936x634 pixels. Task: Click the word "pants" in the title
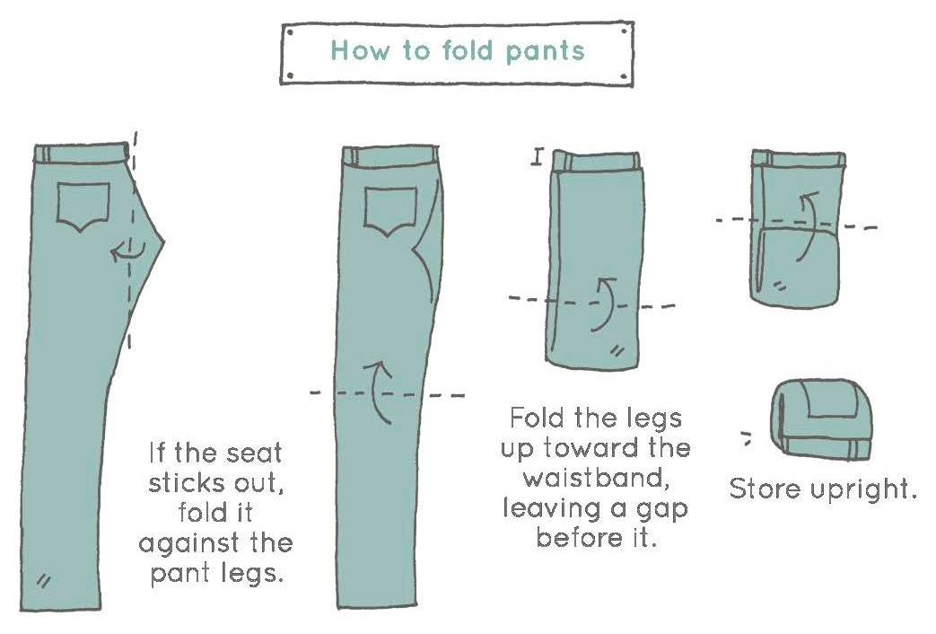tap(545, 52)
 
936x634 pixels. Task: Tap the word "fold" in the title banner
tap(468, 50)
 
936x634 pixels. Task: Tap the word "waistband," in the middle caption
tap(594, 479)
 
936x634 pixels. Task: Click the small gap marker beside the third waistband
tap(538, 157)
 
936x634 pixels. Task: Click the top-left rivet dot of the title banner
tap(290, 33)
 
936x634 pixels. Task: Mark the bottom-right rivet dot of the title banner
tap(624, 76)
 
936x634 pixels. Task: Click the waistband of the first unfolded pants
tap(82, 153)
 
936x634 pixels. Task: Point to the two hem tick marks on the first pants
tap(43, 581)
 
